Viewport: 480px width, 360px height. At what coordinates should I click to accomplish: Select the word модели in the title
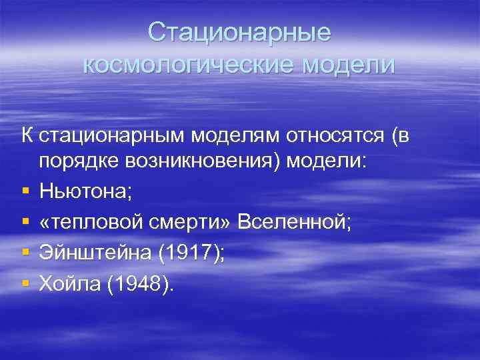pos(348,65)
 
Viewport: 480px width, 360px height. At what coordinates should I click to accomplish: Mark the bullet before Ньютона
pos(25,193)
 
